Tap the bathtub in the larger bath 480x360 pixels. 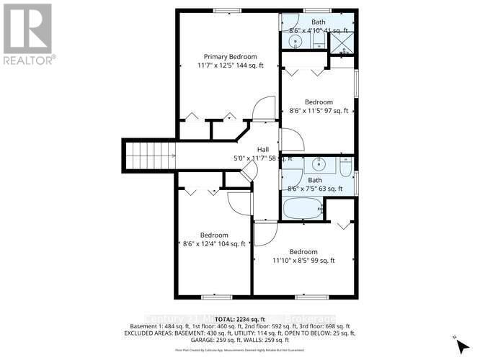click(x=302, y=209)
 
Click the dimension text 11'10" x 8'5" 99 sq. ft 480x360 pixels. click(x=303, y=261)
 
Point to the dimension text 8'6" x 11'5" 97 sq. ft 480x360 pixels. click(x=318, y=111)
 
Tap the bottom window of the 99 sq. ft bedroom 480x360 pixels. click(x=311, y=297)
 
